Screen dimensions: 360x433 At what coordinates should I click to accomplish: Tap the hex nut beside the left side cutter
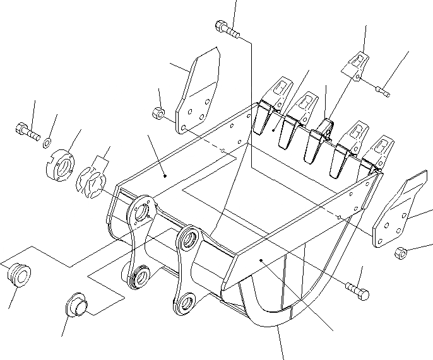(159, 114)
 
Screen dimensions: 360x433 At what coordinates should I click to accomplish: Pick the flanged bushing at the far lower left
(18, 275)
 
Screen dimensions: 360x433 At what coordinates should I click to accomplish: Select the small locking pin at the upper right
(383, 93)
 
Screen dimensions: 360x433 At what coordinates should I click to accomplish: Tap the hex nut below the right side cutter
(400, 253)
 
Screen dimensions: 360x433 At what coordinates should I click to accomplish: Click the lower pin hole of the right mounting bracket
(185, 305)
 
